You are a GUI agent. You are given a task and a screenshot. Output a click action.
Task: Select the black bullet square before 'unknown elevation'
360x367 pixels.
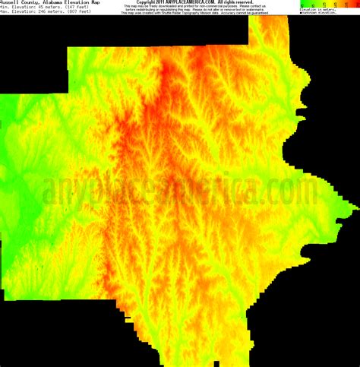click(x=301, y=13)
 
